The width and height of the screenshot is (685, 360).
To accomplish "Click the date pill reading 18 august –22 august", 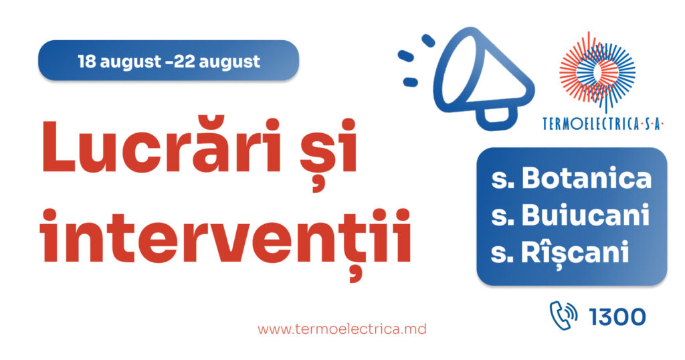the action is tap(169, 60).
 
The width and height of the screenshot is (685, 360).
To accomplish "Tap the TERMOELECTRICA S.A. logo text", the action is tap(603, 124).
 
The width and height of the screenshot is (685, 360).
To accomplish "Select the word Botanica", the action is tap(586, 178).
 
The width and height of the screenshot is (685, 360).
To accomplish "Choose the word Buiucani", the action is tap(585, 215).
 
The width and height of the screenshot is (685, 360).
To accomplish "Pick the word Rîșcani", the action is tap(575, 252).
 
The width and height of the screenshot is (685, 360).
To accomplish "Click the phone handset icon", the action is tap(563, 315).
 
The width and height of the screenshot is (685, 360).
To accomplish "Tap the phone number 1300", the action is tap(617, 317).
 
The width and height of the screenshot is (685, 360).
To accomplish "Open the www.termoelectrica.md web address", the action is tap(342, 329).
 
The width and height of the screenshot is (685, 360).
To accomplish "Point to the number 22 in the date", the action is tap(184, 61).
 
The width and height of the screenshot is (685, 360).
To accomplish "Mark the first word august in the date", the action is tap(130, 63).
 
